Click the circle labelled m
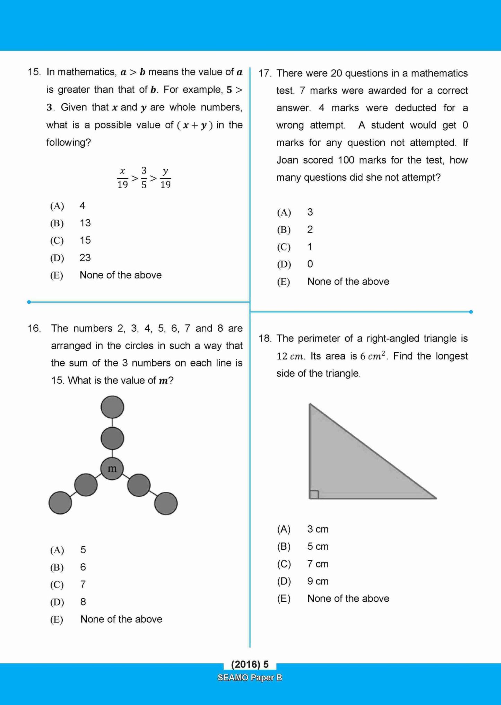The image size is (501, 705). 112,469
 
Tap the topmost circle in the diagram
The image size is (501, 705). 112,407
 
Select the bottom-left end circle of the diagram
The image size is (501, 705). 60,503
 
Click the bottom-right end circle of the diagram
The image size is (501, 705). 166,503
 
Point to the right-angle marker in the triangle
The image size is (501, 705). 314,495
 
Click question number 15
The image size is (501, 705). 34,72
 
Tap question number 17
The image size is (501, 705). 265,73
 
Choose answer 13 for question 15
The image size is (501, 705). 85,223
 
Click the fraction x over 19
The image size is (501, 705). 122,178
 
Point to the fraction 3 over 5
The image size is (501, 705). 144,177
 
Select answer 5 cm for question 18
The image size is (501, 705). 318,547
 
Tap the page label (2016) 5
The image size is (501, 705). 250,664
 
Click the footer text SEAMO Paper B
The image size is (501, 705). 250,678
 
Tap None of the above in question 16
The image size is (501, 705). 121,619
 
